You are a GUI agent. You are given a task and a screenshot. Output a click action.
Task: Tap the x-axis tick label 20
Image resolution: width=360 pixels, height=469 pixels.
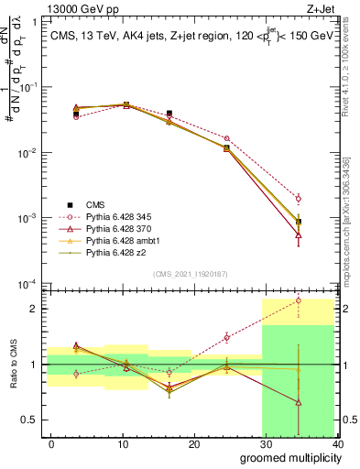point(194,444)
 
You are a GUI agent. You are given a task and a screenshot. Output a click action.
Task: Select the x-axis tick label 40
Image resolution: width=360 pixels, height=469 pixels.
point(338,444)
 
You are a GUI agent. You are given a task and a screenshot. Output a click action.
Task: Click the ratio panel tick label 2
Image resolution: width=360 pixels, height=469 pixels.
point(34,309)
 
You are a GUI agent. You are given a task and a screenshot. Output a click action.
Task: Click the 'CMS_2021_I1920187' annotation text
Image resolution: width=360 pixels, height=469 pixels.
point(190,273)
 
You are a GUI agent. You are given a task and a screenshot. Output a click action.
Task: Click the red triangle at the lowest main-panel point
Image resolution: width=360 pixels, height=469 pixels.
point(299,235)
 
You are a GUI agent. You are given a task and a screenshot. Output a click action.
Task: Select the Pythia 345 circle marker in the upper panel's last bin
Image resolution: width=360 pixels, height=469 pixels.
point(299,198)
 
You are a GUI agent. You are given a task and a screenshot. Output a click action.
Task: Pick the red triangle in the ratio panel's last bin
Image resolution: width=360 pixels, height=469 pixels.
point(299,402)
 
